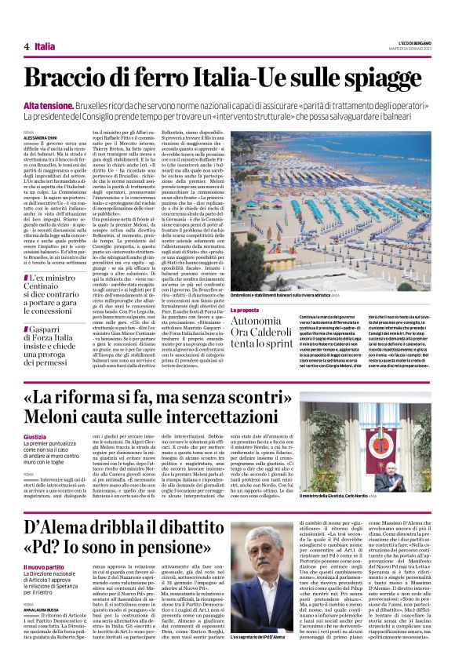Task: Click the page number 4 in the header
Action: (x=27, y=46)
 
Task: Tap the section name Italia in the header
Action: (x=45, y=46)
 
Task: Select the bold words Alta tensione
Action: (x=45, y=104)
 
